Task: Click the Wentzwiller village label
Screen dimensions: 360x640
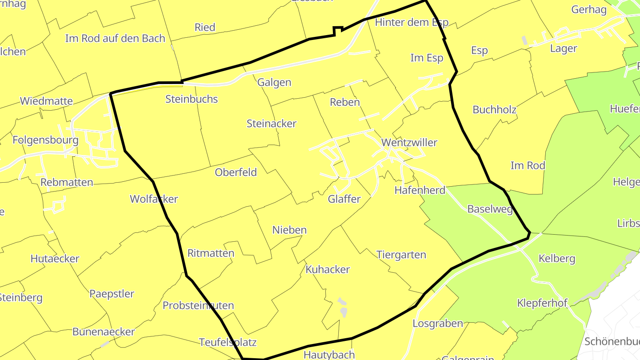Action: point(409,143)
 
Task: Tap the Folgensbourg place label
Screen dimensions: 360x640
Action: point(45,140)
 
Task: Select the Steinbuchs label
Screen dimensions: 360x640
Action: point(192,99)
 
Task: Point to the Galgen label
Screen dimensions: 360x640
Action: point(274,82)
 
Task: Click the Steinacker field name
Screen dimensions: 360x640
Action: point(272,124)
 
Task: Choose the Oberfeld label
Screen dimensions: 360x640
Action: point(236,172)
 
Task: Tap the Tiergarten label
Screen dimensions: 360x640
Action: point(401,255)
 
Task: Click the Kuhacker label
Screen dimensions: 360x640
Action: point(328,269)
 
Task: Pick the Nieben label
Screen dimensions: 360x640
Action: point(289,230)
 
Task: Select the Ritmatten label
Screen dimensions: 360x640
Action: point(211,253)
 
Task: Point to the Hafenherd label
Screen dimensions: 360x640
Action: point(420,191)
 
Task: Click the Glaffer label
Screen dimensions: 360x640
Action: point(344,199)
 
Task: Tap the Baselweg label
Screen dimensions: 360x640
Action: point(490,209)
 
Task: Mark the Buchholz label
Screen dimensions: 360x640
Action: point(493,110)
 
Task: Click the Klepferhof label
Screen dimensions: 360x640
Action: point(542,304)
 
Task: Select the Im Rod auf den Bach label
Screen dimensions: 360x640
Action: point(115,39)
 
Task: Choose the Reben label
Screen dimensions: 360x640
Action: point(344,102)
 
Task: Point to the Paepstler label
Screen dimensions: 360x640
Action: point(112,294)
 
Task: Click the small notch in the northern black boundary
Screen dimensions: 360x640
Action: point(338,30)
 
